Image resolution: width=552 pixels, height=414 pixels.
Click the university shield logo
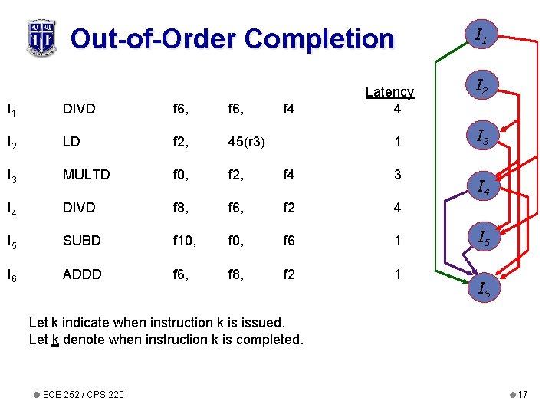[x=41, y=37]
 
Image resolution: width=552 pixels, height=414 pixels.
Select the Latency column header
[x=389, y=92]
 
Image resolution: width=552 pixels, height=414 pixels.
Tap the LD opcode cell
[x=71, y=142]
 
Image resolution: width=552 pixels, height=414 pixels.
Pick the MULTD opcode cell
[x=86, y=175]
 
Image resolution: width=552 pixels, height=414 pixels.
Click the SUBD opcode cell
[x=81, y=241]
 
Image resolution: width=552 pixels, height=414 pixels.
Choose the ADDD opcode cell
[x=81, y=274]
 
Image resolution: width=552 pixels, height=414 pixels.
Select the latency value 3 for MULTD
[x=397, y=175]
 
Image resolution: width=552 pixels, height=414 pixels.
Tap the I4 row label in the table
[x=11, y=208]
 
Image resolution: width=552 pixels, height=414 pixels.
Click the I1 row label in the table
[x=11, y=109]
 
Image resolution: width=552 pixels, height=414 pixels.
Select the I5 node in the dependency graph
[x=484, y=239]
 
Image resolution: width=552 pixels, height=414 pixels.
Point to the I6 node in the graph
[x=484, y=289]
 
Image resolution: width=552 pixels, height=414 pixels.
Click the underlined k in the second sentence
[x=55, y=340]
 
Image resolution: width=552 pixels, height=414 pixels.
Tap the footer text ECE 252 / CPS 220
[x=84, y=395]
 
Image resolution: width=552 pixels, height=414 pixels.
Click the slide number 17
[x=522, y=395]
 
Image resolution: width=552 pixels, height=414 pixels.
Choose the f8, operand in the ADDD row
[x=236, y=274]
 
